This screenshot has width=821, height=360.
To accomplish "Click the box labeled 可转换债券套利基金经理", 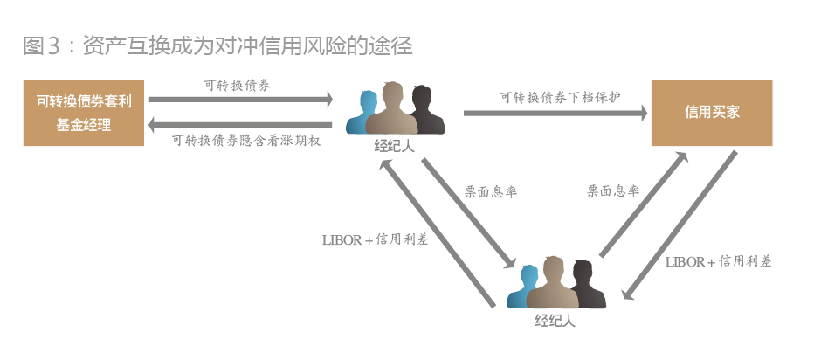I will tap(84, 113).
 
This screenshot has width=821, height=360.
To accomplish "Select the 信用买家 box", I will tap(712, 113).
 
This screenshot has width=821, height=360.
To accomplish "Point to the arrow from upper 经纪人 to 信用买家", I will tap(555, 113).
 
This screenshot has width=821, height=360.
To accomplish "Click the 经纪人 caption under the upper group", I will tap(394, 146).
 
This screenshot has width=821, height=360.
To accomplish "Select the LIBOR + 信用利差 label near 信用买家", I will tap(718, 261).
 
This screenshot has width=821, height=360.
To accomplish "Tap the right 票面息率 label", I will tap(612, 190).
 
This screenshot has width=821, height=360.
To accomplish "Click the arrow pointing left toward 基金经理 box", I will tap(241, 124).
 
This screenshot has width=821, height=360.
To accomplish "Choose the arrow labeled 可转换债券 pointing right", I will tap(241, 100).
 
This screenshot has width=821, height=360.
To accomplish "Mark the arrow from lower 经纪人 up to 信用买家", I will tap(643, 204).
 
